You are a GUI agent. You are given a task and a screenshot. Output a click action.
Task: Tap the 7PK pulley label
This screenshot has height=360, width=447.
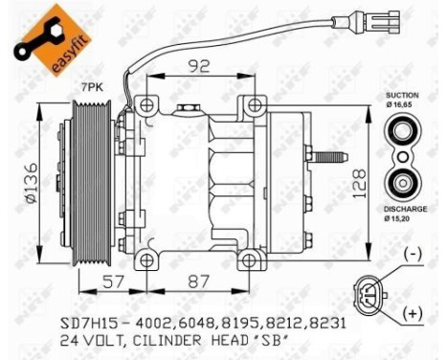pyautogui.click(x=91, y=87)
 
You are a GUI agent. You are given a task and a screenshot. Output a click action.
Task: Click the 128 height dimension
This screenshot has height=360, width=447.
pyautogui.click(x=358, y=179)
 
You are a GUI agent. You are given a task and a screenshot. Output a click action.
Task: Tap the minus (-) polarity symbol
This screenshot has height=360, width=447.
pyautogui.click(x=413, y=254)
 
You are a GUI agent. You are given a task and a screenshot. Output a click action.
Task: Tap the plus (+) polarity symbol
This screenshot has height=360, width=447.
pyautogui.click(x=413, y=313)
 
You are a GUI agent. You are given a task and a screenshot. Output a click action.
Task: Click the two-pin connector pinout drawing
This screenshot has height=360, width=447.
pyautogui.click(x=370, y=285)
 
